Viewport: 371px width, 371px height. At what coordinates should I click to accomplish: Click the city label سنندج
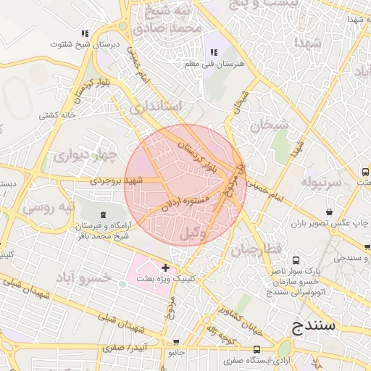click(314, 325)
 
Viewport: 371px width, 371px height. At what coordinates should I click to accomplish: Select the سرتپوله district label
click(321, 181)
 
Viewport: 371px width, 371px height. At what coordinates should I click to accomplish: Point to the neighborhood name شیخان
click(269, 125)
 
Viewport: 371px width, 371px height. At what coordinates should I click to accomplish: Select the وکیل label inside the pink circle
click(212, 233)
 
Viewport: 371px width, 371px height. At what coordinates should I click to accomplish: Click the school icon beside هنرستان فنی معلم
click(213, 52)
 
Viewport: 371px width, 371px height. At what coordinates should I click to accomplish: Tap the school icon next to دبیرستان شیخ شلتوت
click(85, 33)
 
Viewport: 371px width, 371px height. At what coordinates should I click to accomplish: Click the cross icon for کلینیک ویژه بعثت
click(166, 268)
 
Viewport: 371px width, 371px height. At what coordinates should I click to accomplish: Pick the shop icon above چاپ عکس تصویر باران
click(330, 212)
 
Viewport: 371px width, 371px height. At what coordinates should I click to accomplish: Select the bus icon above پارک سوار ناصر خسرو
click(296, 260)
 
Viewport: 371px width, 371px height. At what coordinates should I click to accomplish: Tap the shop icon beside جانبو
click(176, 342)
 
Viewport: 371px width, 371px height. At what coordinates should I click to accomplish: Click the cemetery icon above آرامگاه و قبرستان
click(102, 214)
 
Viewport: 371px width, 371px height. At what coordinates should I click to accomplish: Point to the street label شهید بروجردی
click(116, 179)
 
